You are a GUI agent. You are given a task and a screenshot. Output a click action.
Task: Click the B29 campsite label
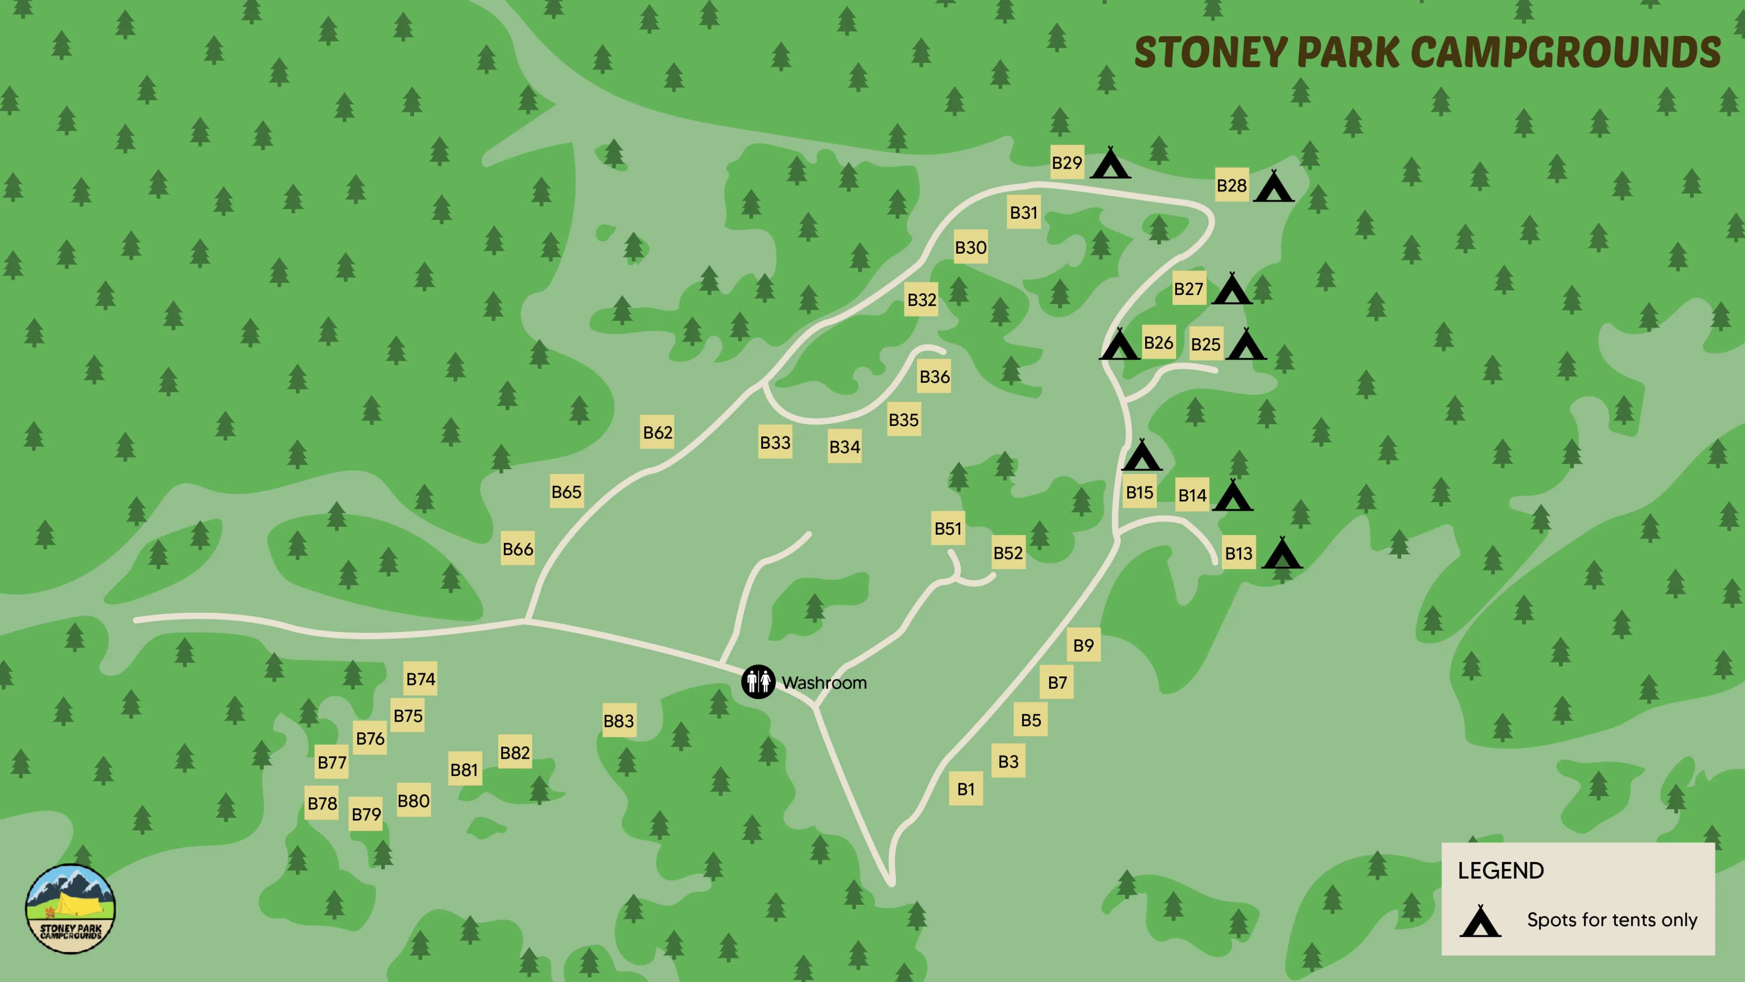tap(1067, 163)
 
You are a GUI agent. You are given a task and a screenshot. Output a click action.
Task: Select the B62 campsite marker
tap(657, 432)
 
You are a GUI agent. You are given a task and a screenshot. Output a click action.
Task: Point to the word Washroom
tap(824, 682)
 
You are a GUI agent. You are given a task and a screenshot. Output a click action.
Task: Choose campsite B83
tap(618, 721)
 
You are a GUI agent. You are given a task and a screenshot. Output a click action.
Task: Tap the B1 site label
tap(965, 789)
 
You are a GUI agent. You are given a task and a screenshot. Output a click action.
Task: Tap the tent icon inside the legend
tap(1480, 921)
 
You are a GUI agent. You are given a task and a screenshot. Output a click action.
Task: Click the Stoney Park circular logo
tap(70, 909)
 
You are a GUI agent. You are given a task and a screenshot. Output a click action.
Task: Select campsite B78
tap(322, 803)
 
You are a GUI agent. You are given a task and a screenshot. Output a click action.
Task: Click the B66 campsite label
tap(518, 549)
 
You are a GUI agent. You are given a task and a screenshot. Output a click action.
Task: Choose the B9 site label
tap(1083, 645)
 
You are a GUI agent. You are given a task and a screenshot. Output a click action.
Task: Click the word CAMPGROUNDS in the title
tap(1566, 52)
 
